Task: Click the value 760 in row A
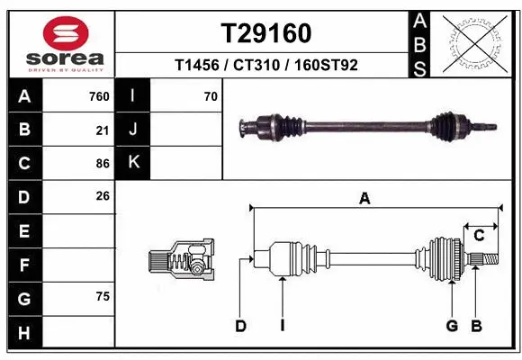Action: click(x=99, y=96)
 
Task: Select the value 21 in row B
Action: click(x=103, y=130)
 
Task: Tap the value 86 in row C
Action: click(x=103, y=163)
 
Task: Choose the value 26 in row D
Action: click(x=103, y=195)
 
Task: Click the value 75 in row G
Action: click(x=103, y=296)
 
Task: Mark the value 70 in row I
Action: click(x=211, y=96)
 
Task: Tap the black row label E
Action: click(x=24, y=230)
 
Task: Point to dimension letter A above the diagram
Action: click(x=364, y=199)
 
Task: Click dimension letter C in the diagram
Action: click(x=479, y=236)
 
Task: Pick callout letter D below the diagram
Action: click(x=240, y=326)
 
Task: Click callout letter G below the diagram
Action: click(x=452, y=326)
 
